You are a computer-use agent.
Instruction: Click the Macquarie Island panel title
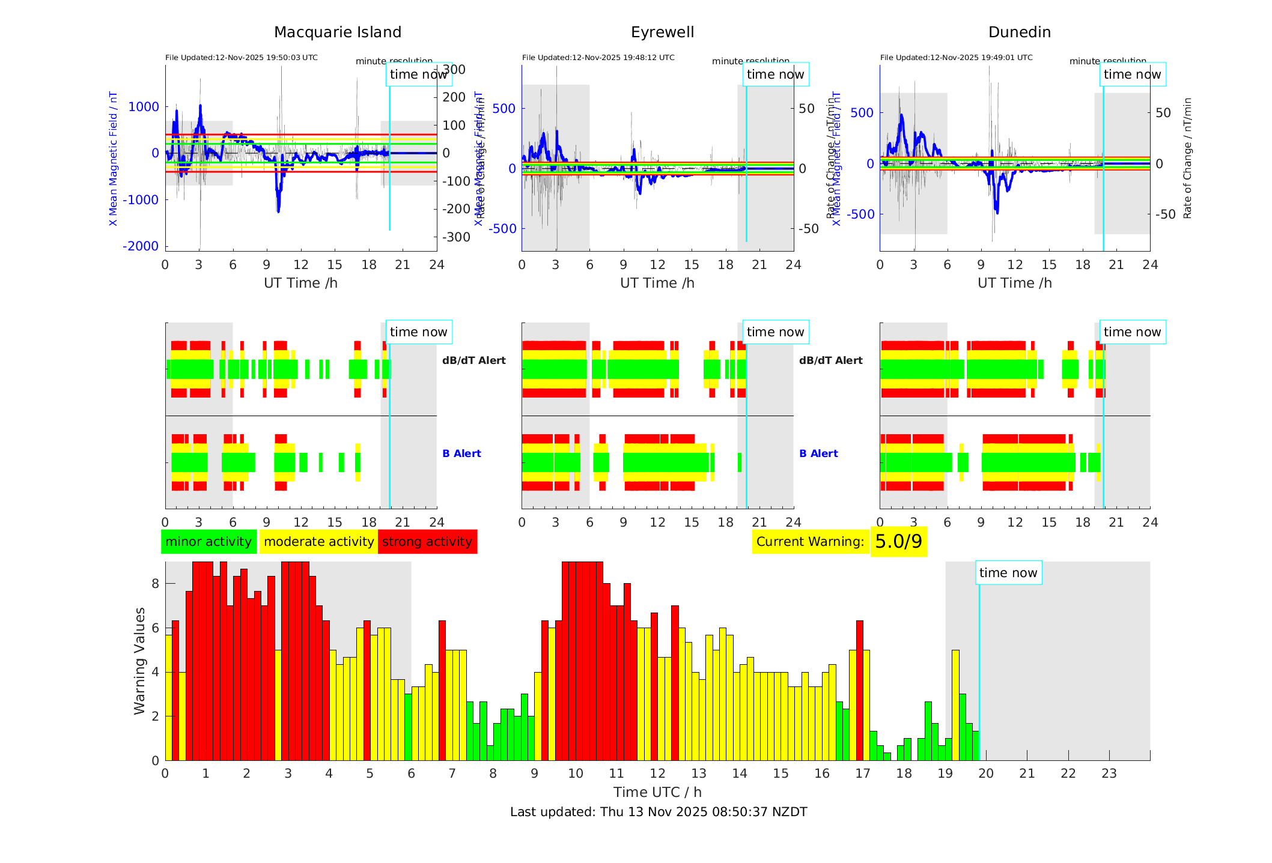[337, 32]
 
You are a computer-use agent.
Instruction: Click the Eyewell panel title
[662, 32]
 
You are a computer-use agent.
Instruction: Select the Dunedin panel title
[1019, 32]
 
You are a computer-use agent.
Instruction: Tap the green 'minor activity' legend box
[208, 542]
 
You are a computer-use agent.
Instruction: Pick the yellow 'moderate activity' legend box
[318, 542]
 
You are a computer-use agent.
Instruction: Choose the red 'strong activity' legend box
[427, 542]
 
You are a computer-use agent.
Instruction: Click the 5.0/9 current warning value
[898, 542]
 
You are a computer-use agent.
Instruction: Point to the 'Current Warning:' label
[810, 542]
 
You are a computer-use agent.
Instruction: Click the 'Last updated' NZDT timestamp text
[659, 812]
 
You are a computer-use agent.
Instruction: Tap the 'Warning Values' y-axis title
[140, 661]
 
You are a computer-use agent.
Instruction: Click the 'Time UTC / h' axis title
[657, 792]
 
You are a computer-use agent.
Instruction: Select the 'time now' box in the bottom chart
[1008, 573]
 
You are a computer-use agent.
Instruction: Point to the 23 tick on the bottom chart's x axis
[1109, 774]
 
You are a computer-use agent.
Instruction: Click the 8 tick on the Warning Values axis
[156, 584]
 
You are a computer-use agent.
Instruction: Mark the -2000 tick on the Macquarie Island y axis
[141, 246]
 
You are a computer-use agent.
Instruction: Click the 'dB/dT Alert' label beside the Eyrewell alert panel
[830, 360]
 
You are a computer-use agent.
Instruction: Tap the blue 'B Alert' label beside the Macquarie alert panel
[461, 453]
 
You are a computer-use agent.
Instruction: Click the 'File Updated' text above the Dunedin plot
[956, 58]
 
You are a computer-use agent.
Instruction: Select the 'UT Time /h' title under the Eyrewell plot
[657, 283]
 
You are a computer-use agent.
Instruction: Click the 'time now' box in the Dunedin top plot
[1132, 74]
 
